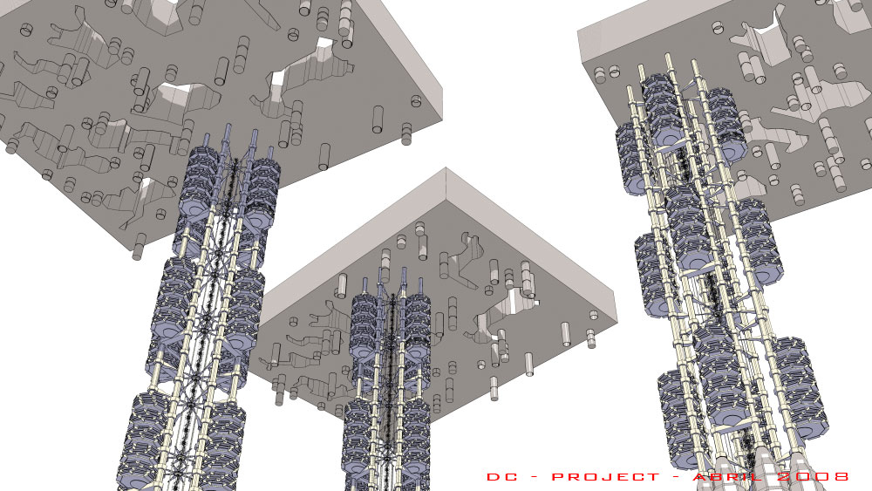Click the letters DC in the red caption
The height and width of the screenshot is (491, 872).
pyautogui.click(x=501, y=477)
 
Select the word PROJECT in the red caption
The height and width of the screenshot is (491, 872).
pyautogui.click(x=606, y=477)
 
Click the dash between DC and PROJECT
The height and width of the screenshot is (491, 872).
pyautogui.click(x=534, y=477)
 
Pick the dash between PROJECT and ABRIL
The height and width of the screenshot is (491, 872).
pyautogui.click(x=677, y=477)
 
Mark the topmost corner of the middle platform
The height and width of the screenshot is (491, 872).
pyautogui.click(x=446, y=168)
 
